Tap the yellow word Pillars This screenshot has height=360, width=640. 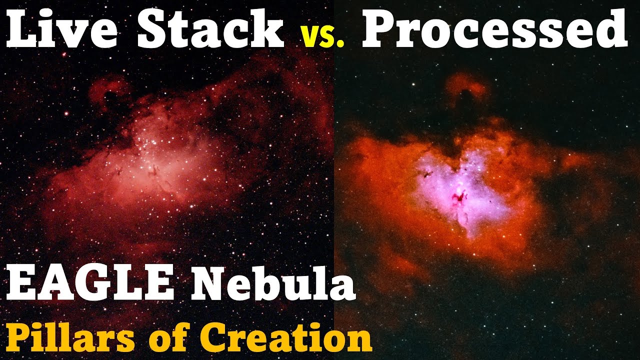[70, 338]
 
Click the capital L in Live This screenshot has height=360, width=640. [20, 30]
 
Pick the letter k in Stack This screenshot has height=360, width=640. [270, 30]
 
